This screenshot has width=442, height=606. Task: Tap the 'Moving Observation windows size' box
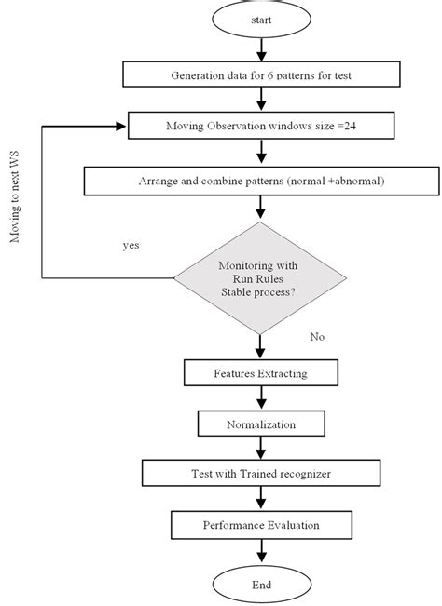tap(261, 124)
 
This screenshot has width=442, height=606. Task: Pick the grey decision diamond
tap(261, 276)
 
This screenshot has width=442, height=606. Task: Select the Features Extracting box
tap(261, 374)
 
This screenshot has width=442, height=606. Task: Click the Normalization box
tap(261, 424)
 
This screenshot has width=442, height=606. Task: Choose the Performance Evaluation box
tap(261, 525)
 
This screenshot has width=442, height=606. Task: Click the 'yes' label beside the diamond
tap(131, 247)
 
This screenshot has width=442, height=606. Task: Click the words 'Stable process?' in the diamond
tap(261, 291)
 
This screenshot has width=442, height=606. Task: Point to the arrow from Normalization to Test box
tap(261, 449)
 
